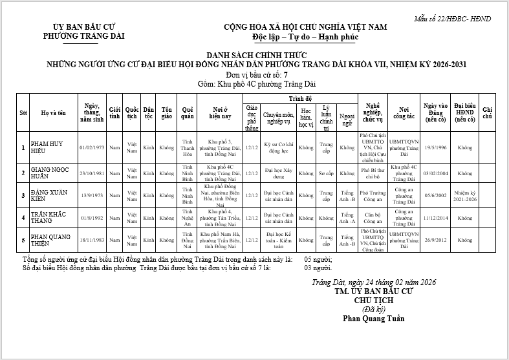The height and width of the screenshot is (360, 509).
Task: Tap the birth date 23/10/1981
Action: (91, 173)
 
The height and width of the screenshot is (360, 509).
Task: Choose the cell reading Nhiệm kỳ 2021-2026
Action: (465, 196)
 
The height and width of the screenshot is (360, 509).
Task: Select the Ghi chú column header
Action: (488, 112)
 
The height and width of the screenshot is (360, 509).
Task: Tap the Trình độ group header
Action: (300, 98)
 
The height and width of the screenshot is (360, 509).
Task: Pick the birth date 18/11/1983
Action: (91, 239)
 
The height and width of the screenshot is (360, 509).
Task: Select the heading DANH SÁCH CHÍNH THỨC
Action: (256, 56)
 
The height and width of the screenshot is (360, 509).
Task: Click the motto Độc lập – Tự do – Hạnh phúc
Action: (305, 36)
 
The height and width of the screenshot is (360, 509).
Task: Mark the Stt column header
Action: (23, 112)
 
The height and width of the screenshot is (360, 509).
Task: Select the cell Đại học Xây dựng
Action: (279, 173)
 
